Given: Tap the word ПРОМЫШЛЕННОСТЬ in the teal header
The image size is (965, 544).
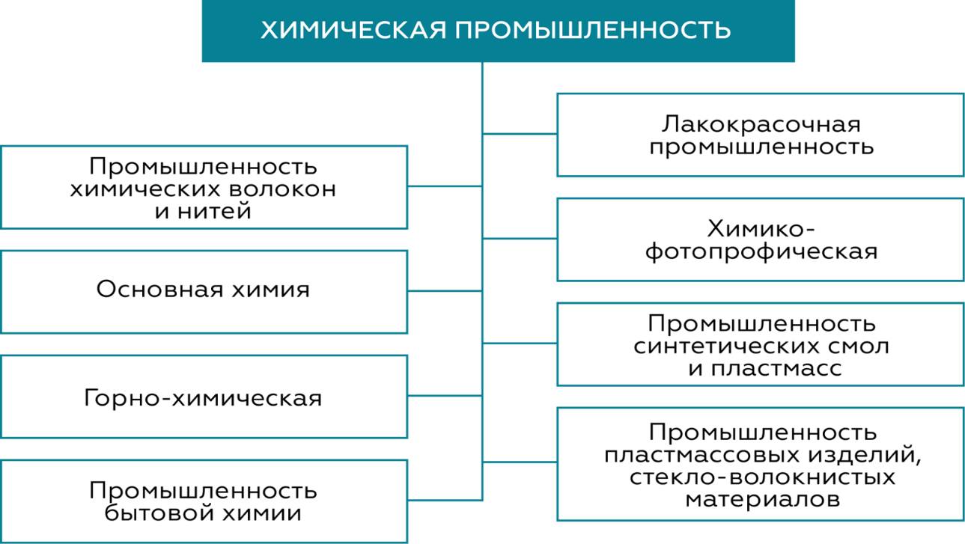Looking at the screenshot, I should pyautogui.click(x=591, y=31).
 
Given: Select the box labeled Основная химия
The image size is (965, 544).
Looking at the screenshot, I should pyautogui.click(x=204, y=290).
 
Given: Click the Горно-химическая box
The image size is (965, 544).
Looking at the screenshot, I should pyautogui.click(x=204, y=397).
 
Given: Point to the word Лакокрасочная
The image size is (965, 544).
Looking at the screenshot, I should pyautogui.click(x=761, y=124).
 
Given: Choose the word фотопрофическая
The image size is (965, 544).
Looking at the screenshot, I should pyautogui.click(x=761, y=251).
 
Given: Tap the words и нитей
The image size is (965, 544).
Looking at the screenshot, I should pyautogui.click(x=203, y=212).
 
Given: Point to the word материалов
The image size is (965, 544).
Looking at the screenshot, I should pyautogui.click(x=761, y=499).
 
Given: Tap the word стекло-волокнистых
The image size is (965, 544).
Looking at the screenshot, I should pyautogui.click(x=761, y=477).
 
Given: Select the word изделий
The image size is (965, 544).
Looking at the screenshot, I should pyautogui.click(x=872, y=455).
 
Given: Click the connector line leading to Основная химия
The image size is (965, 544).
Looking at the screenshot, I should pyautogui.click(x=445, y=291).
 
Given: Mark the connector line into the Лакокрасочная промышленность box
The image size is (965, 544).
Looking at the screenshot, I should pyautogui.click(x=520, y=134).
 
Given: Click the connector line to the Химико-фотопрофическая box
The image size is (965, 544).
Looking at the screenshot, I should pyautogui.click(x=520, y=239).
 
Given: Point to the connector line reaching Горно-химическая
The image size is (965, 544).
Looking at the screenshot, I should pyautogui.click(x=445, y=396).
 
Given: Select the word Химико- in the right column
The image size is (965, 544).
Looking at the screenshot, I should pyautogui.click(x=761, y=229).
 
